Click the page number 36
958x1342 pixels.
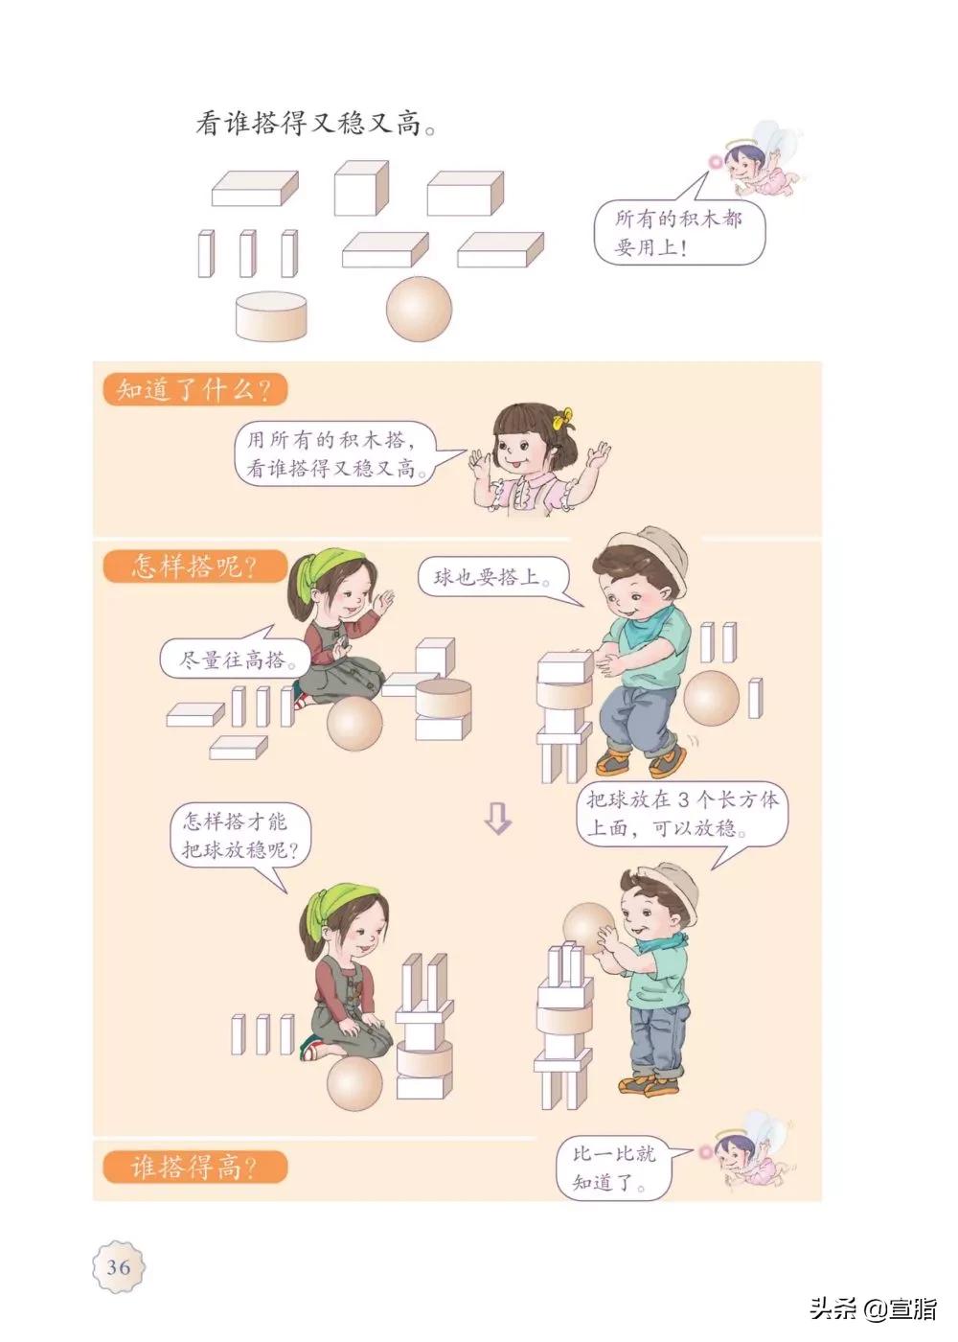coord(119,1266)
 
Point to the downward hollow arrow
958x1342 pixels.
coord(498,818)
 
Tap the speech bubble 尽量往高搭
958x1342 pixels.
coord(228,660)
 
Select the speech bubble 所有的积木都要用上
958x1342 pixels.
coord(678,233)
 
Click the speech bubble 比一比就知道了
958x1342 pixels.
coord(614,1168)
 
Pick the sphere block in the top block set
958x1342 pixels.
coord(419,310)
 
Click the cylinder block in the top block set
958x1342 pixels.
coord(273,315)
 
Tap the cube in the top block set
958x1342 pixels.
coord(361,188)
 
